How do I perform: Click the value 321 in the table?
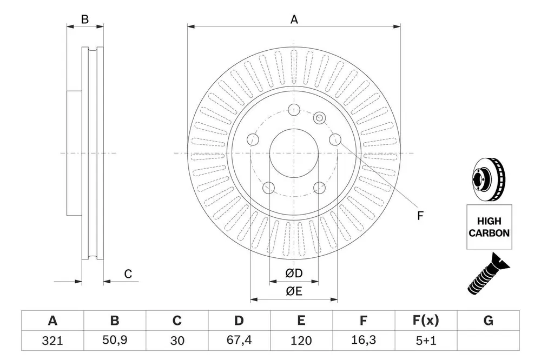(x=52, y=341)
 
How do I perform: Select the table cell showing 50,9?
(x=115, y=341)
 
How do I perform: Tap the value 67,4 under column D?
(x=239, y=341)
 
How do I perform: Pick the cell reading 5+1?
(x=426, y=341)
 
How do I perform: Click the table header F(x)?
(x=426, y=321)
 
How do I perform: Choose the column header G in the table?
(x=488, y=321)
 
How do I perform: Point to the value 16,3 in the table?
(x=364, y=341)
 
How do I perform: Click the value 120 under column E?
(x=301, y=341)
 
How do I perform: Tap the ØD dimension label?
(x=294, y=274)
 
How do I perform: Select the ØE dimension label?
(x=294, y=291)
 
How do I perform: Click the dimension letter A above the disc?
(x=294, y=19)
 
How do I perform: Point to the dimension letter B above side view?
(x=85, y=19)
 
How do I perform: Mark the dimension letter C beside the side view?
(x=128, y=274)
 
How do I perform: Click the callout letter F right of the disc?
(x=420, y=216)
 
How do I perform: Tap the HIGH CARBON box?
(x=489, y=227)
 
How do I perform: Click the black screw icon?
(x=487, y=274)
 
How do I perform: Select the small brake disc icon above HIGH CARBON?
(x=487, y=180)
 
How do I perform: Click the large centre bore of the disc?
(x=294, y=154)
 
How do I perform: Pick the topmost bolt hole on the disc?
(x=294, y=110)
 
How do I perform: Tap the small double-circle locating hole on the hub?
(x=320, y=118)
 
